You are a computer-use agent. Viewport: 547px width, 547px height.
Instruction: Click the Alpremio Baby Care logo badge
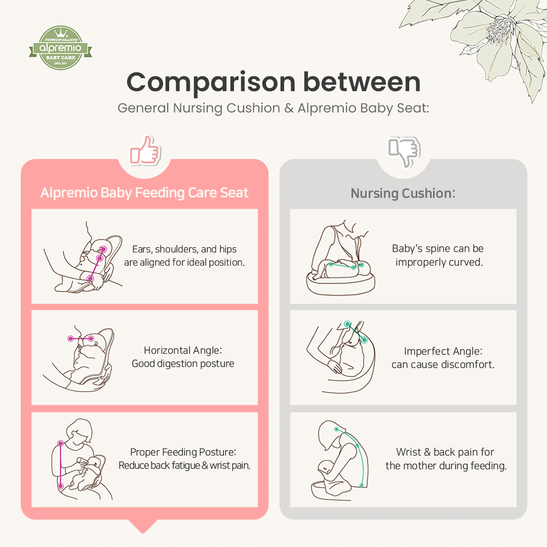(60, 48)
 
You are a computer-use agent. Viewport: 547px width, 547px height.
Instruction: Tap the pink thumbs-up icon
(145, 150)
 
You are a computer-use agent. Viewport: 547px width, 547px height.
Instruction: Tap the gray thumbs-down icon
(404, 151)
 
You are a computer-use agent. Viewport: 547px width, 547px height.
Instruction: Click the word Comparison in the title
(211, 82)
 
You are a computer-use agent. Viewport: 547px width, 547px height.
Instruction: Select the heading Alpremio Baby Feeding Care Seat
(144, 193)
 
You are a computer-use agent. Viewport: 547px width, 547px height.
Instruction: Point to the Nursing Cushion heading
(403, 193)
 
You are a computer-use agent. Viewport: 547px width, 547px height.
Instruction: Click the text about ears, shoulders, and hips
(184, 256)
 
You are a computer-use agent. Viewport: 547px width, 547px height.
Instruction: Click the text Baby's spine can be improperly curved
(438, 255)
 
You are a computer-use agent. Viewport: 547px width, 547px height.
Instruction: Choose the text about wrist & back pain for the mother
(446, 458)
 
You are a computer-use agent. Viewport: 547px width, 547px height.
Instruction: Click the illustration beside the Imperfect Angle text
(340, 357)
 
